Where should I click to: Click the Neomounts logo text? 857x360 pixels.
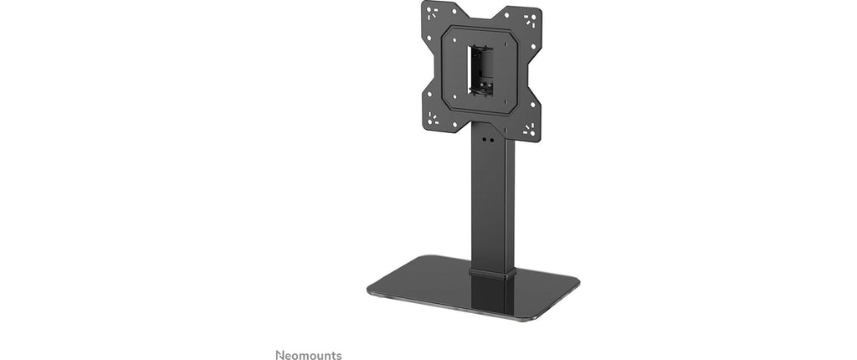[309, 355]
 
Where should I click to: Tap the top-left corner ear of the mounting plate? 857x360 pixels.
[434, 13]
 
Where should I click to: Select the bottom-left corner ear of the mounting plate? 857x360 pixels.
[434, 117]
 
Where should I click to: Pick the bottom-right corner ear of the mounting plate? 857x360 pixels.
[527, 129]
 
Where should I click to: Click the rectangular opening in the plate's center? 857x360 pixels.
[480, 71]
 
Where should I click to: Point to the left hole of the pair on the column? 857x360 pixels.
[485, 140]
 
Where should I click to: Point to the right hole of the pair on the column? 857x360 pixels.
[491, 140]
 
